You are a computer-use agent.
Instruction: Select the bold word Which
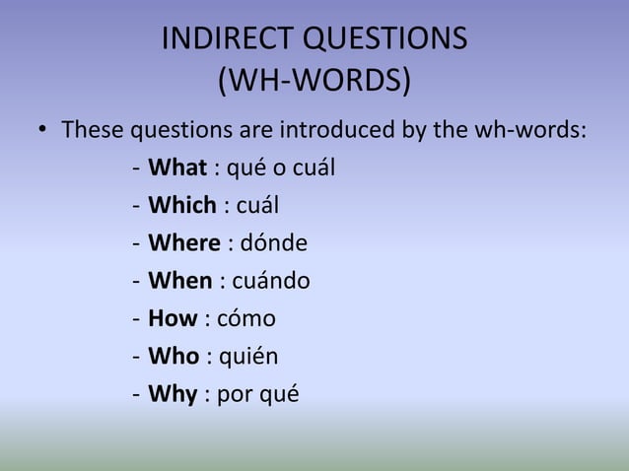(182, 205)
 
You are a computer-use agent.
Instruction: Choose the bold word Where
(183, 243)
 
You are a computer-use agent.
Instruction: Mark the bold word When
(179, 281)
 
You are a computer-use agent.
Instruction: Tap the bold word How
(173, 319)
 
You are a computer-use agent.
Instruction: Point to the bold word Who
(174, 357)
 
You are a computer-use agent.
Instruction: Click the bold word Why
(172, 395)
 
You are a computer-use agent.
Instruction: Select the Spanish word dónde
(274, 243)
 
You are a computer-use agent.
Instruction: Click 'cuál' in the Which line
(257, 205)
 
